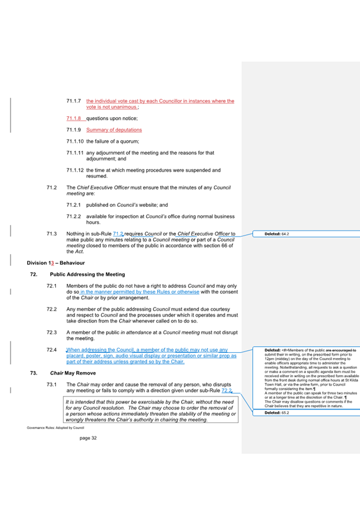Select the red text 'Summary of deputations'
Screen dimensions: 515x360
coord(114,130)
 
